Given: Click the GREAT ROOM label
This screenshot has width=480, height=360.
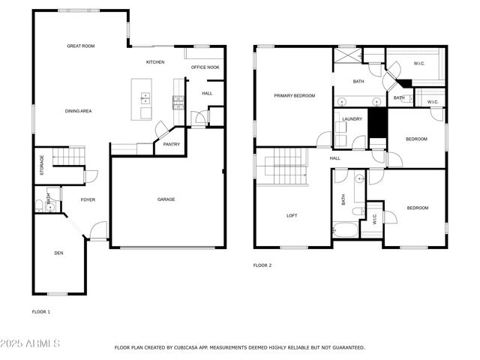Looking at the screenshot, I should (80, 46).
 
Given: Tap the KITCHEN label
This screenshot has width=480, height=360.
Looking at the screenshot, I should (155, 62).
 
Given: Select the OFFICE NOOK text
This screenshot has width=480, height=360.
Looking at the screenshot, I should (205, 67).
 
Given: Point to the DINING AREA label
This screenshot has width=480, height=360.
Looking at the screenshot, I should (78, 111).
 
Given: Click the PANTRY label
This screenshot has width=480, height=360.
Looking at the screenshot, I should (171, 145).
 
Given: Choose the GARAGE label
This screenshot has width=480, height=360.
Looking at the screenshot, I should (166, 199).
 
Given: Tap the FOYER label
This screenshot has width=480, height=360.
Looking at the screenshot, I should (88, 199).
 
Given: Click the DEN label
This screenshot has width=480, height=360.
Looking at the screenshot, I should (58, 253).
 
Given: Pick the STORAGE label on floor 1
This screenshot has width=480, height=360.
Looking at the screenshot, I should (42, 166).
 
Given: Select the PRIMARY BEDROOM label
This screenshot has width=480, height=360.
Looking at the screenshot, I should (294, 96).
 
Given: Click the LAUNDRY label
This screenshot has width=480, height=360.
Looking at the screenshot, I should (352, 119).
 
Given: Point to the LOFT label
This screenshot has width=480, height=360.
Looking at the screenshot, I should (292, 216).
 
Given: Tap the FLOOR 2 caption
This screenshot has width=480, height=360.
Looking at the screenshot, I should (262, 265).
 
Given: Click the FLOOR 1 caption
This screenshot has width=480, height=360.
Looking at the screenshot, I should (40, 311).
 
